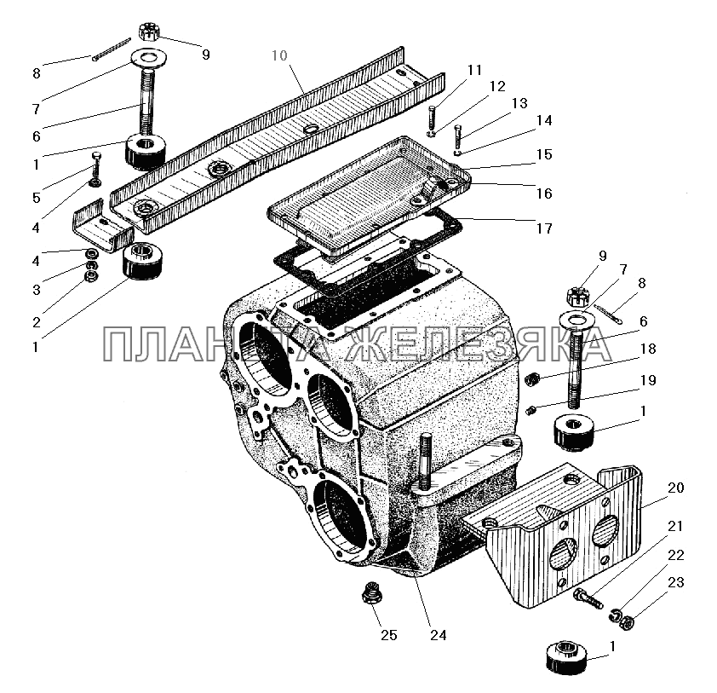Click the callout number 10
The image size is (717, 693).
click(279, 56)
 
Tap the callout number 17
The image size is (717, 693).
click(544, 228)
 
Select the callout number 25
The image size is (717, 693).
click(388, 635)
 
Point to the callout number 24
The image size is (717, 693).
click(438, 635)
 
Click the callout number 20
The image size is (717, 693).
click(676, 488)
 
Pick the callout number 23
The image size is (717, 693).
click(676, 582)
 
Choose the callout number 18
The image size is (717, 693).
click(648, 349)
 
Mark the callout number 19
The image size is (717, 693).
click(648, 380)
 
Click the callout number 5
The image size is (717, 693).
click(37, 199)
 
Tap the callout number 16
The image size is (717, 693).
click(544, 193)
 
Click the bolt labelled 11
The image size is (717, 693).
click(432, 121)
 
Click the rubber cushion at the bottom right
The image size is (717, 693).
click(567, 657)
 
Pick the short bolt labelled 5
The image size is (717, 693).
click(96, 170)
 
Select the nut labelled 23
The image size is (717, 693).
click(628, 622)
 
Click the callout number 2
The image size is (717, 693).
click(37, 322)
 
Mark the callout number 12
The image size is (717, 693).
click(497, 86)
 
